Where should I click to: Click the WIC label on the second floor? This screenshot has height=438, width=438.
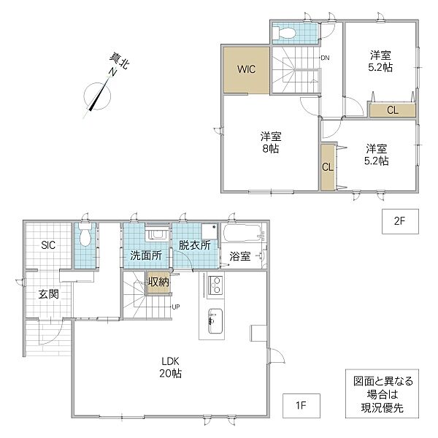(246, 69)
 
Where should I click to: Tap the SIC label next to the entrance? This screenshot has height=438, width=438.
(48, 245)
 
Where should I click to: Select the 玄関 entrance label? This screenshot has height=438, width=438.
(49, 294)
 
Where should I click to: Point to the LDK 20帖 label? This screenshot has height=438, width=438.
(170, 367)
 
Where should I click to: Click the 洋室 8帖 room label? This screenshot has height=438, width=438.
(271, 143)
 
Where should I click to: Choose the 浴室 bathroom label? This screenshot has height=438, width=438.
(240, 256)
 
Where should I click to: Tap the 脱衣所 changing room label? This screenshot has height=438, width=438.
(195, 245)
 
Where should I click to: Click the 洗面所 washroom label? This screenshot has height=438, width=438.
(146, 255)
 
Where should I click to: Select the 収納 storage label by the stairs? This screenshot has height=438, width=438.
(158, 282)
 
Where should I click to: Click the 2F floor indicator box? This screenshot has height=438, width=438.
(400, 221)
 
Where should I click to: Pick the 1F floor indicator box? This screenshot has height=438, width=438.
(301, 406)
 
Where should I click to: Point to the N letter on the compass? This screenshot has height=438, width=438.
(112, 72)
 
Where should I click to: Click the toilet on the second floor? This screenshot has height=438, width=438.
(285, 33)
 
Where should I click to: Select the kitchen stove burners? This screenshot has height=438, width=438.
(216, 285)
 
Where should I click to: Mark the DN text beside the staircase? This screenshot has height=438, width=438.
(325, 58)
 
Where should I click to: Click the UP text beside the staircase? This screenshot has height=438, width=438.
(176, 307)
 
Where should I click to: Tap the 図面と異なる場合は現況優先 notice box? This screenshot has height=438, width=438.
(382, 393)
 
